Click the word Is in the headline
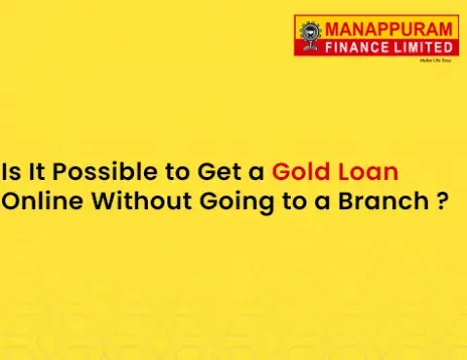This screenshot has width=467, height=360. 11,173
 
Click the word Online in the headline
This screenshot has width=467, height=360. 38,202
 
